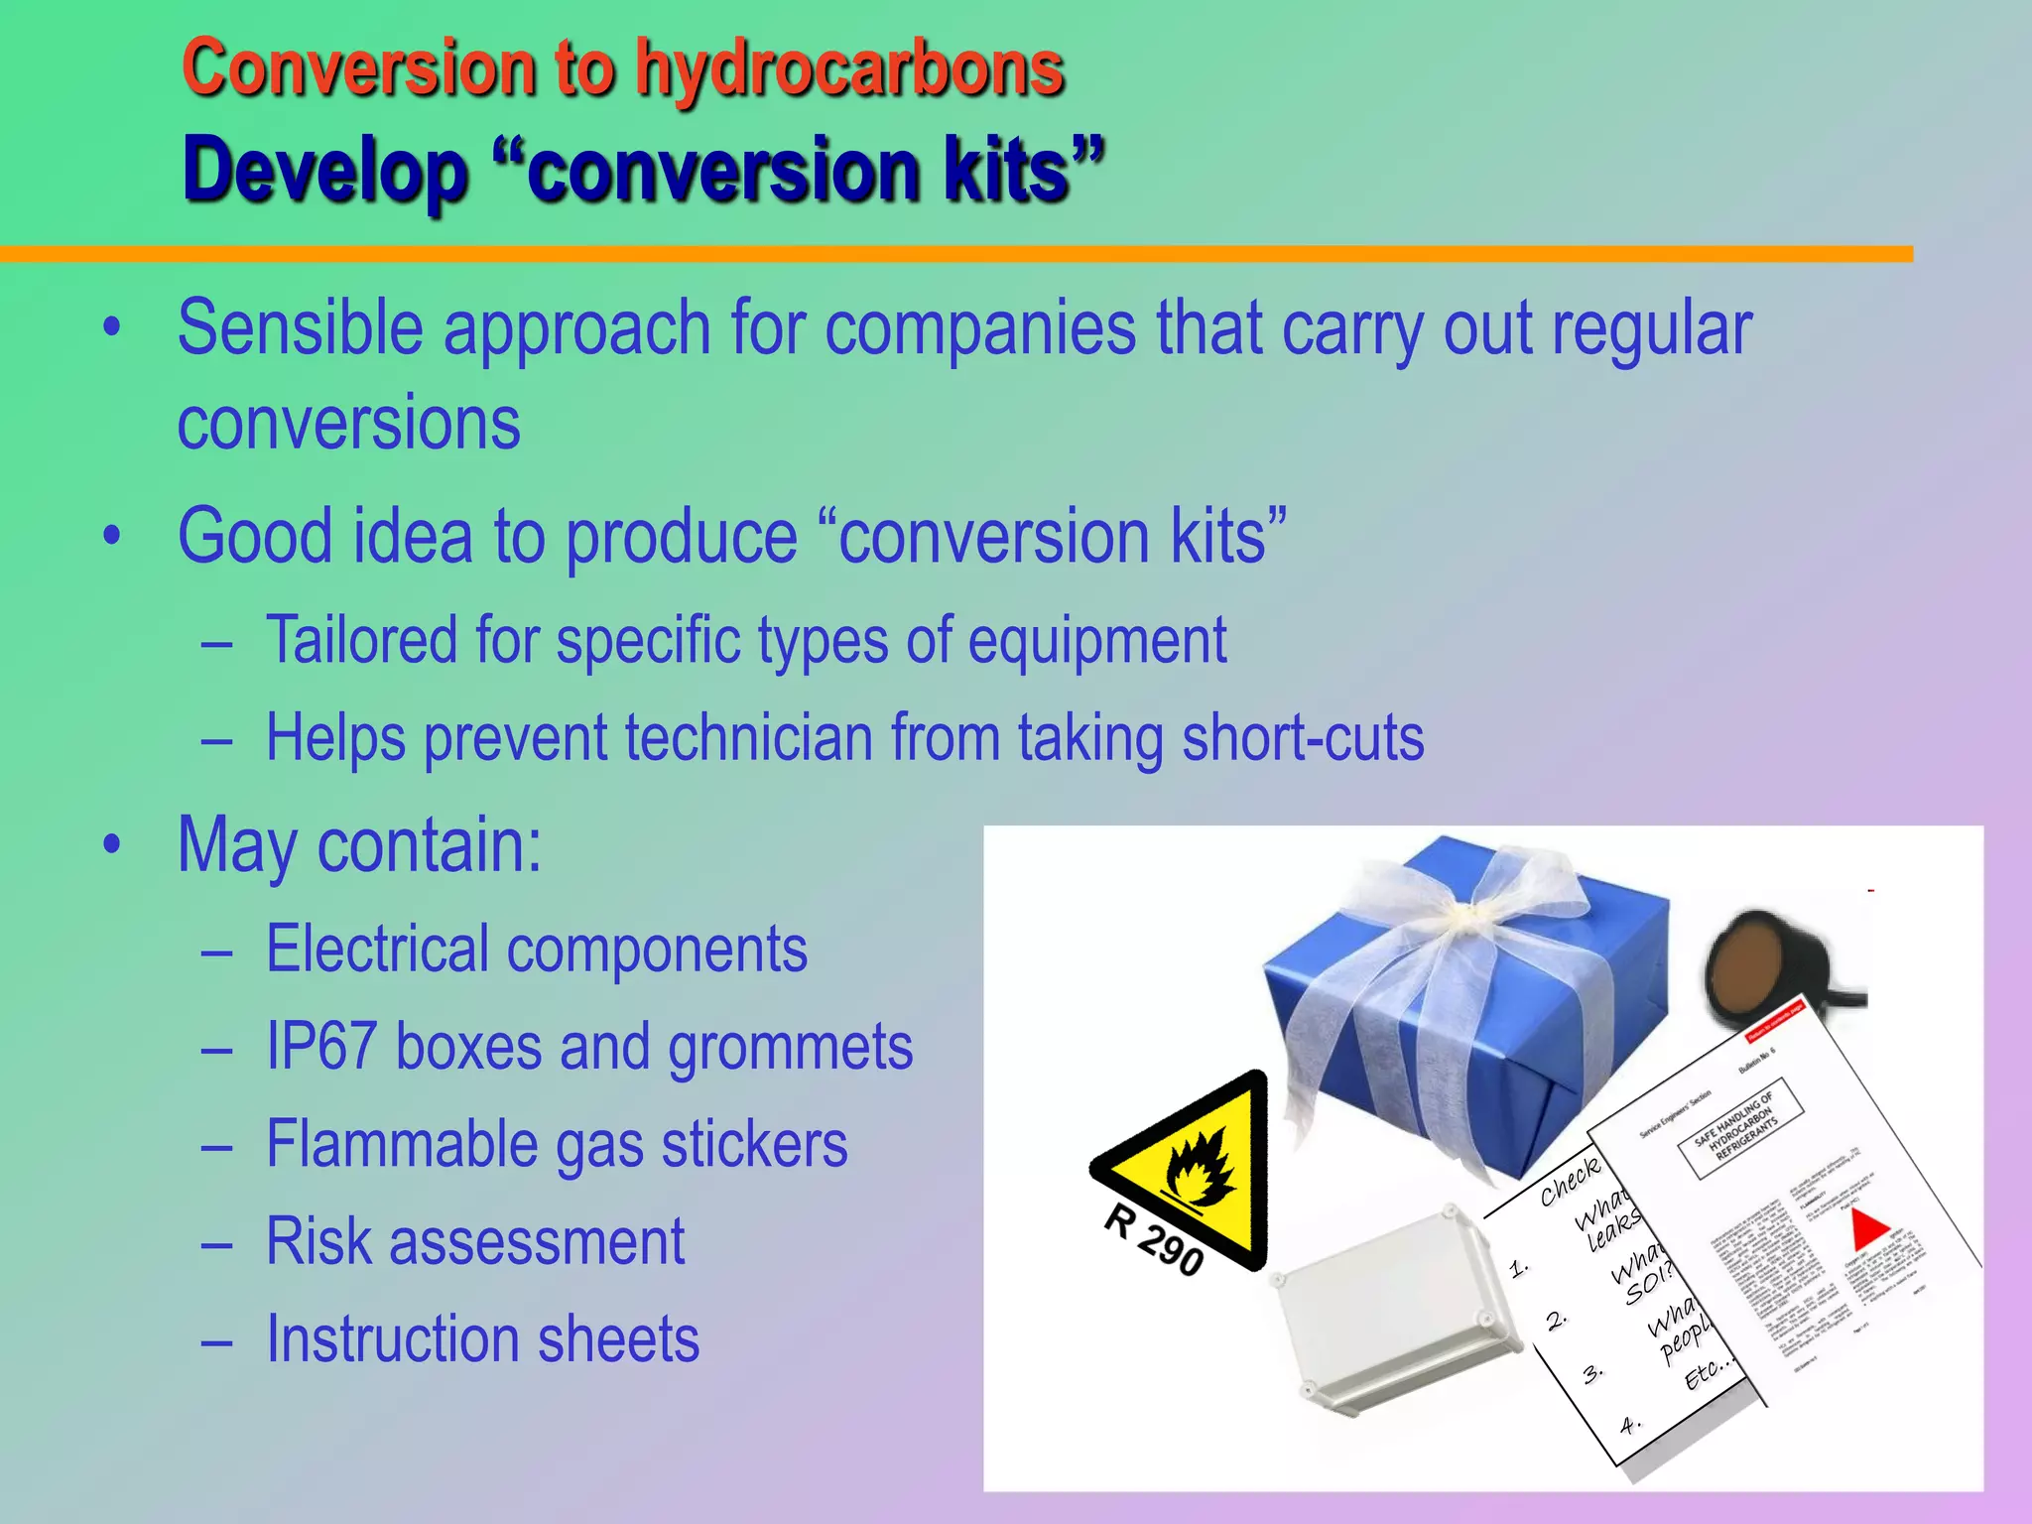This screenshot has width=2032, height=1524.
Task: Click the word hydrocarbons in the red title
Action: point(849,69)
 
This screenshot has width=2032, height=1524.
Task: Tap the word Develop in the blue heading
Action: point(324,171)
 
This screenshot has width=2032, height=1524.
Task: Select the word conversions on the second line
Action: point(348,424)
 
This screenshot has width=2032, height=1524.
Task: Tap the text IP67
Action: point(321,1048)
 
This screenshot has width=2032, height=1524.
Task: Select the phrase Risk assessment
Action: point(475,1242)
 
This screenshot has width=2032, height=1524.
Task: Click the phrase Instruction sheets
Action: point(482,1339)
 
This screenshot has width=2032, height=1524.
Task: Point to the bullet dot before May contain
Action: point(112,845)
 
